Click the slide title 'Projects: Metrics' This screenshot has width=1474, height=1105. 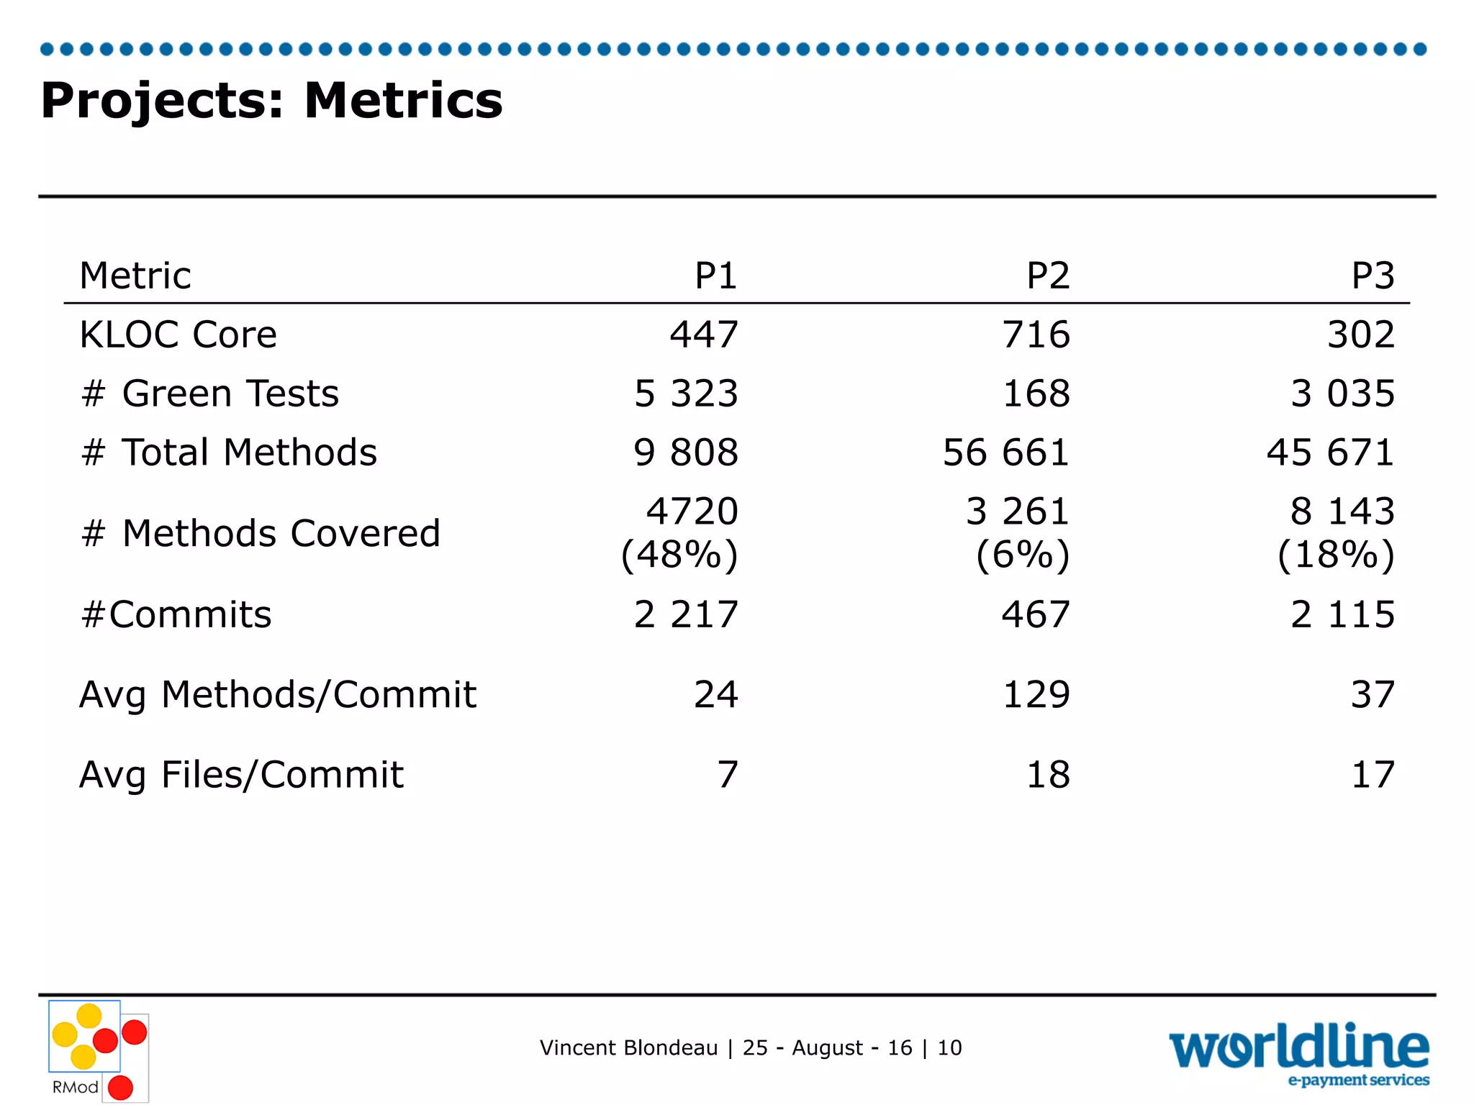coord(271,100)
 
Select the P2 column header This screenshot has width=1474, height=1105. coord(1048,276)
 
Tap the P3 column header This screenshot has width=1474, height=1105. coord(1373,276)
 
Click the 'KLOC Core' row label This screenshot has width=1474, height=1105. coord(178,335)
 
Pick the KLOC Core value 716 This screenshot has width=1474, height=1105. coord(1036,335)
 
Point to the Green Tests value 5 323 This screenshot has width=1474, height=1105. coord(686,394)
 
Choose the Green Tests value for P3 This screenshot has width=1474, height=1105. coord(1342,394)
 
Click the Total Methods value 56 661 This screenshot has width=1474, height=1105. coord(1005,453)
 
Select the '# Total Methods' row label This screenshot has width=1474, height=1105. coord(229,453)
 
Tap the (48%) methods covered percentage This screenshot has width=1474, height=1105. coord(679,555)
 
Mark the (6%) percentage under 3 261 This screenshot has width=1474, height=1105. coord(1023,555)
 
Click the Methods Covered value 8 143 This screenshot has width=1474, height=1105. coord(1342,511)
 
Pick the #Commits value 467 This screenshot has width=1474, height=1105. coord(1036,614)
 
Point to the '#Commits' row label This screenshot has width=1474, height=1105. coord(176,614)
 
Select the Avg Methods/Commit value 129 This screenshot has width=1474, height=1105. coord(1036,695)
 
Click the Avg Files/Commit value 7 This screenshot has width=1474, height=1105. coord(728,775)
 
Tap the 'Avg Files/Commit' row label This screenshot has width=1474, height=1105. coord(241,775)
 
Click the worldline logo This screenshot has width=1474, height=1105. coord(1298,1052)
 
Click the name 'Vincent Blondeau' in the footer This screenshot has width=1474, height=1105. coord(628,1047)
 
